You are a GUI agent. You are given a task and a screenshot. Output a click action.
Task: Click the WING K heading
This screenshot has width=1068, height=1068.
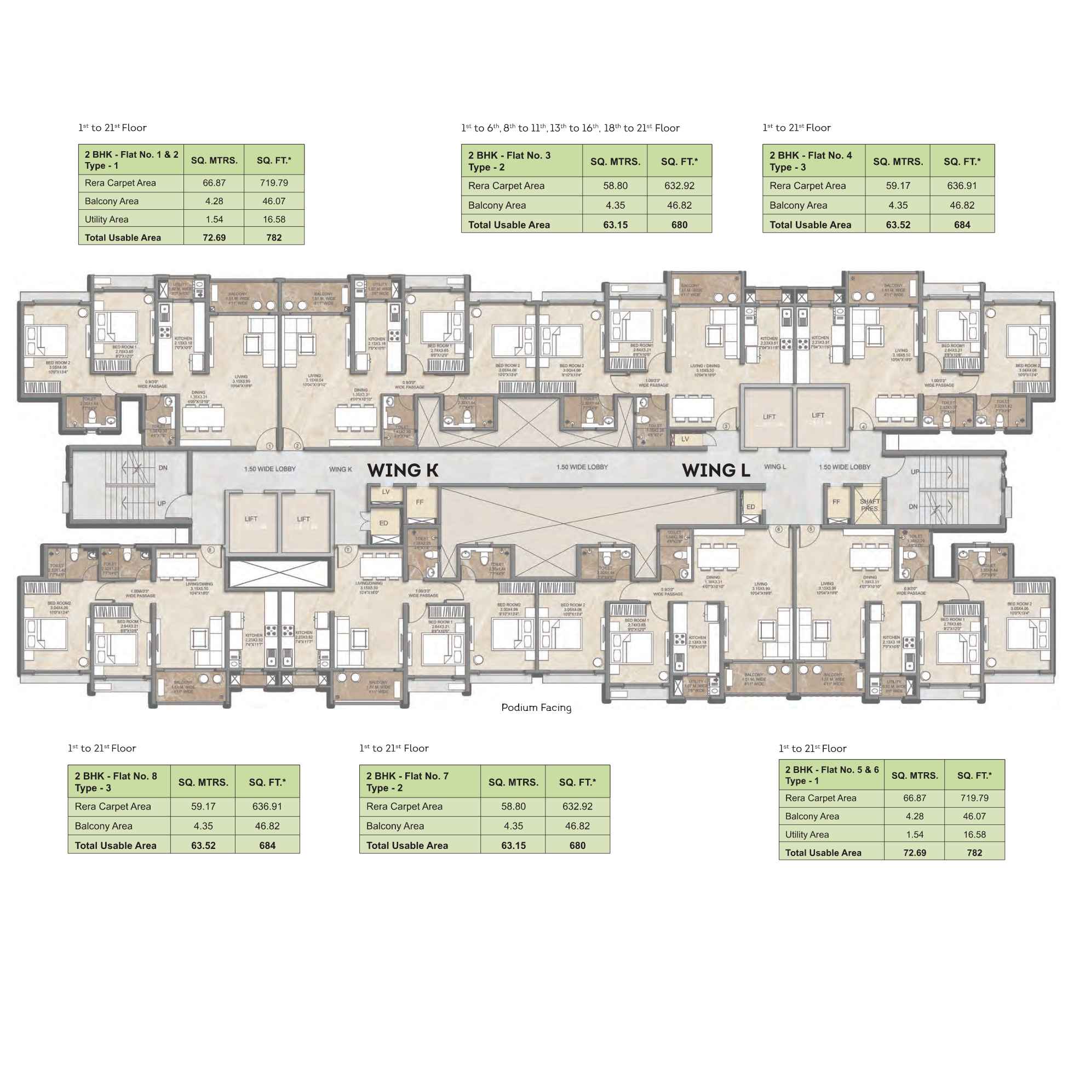(x=403, y=470)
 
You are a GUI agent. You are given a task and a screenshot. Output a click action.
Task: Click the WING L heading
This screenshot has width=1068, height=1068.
(x=716, y=470)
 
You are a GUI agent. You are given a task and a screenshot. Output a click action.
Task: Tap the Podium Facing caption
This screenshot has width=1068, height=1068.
(x=536, y=708)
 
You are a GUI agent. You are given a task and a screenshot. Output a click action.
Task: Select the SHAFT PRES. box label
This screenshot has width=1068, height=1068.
(x=869, y=505)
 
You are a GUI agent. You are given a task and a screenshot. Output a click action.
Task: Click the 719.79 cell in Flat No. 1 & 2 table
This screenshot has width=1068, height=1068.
(x=274, y=183)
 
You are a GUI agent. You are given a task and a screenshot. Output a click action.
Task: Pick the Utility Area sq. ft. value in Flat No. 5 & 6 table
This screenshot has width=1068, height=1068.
(x=974, y=834)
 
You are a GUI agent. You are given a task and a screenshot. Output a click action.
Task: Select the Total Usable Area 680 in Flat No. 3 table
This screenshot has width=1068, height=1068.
(x=679, y=225)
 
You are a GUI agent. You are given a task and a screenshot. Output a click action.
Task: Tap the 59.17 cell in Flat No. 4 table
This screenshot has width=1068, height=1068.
(x=898, y=186)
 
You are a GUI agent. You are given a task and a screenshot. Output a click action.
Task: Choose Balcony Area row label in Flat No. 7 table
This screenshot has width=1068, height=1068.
(x=395, y=826)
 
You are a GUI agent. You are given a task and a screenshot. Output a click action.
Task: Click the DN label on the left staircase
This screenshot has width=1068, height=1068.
(x=163, y=468)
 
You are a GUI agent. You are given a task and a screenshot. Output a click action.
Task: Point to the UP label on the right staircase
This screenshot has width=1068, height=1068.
(x=915, y=472)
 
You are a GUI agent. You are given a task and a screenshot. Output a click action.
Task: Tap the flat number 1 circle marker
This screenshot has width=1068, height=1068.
(x=270, y=446)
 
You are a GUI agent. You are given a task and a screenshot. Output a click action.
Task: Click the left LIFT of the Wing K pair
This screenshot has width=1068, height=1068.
(x=251, y=519)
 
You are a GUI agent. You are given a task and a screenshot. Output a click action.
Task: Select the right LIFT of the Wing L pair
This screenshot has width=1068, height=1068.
(x=818, y=415)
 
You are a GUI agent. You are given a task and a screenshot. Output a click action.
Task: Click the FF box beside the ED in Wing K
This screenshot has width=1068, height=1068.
(x=420, y=502)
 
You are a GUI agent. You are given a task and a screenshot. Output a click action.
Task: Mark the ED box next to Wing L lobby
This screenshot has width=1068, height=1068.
(x=750, y=507)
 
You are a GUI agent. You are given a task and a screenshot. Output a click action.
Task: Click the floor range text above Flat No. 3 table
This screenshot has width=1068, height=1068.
(x=570, y=128)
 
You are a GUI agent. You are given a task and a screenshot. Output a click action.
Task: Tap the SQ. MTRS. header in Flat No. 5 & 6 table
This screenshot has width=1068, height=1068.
(x=914, y=776)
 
